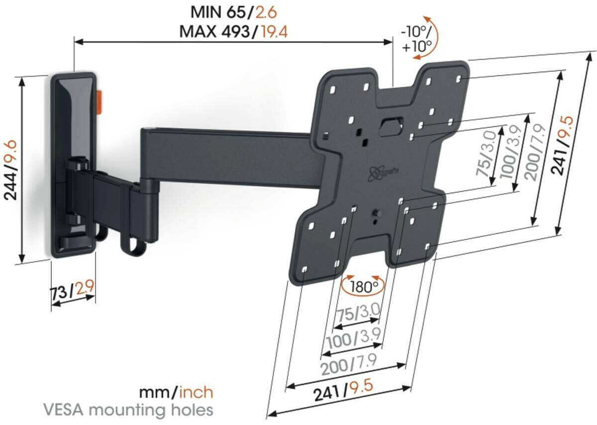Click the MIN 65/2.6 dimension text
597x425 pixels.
[234, 11]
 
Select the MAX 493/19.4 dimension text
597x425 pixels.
[234, 31]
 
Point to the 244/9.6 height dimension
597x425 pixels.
[11, 169]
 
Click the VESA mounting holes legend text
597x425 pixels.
[128, 411]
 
